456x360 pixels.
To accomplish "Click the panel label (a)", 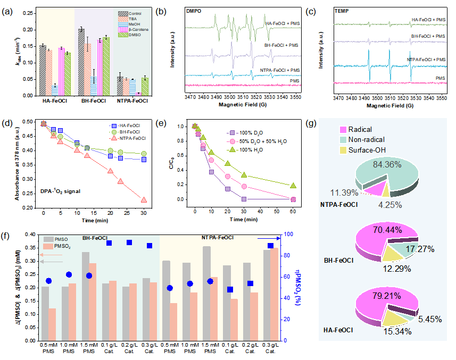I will click(x=9, y=9).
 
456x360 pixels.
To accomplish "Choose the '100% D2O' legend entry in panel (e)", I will click(x=247, y=132).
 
